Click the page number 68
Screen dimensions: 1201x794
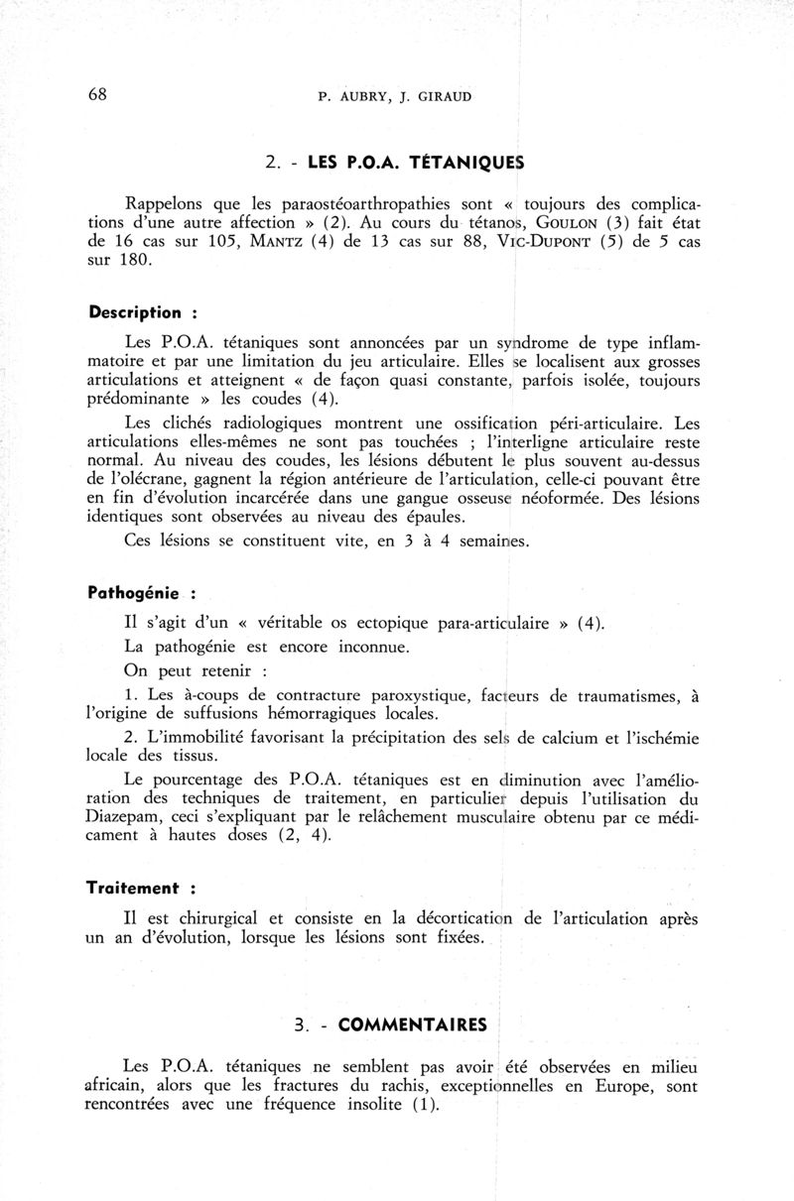tap(97, 94)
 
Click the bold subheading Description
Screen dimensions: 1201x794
tap(134, 312)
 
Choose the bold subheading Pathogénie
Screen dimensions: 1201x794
tap(134, 594)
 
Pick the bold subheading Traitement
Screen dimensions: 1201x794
tap(134, 889)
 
